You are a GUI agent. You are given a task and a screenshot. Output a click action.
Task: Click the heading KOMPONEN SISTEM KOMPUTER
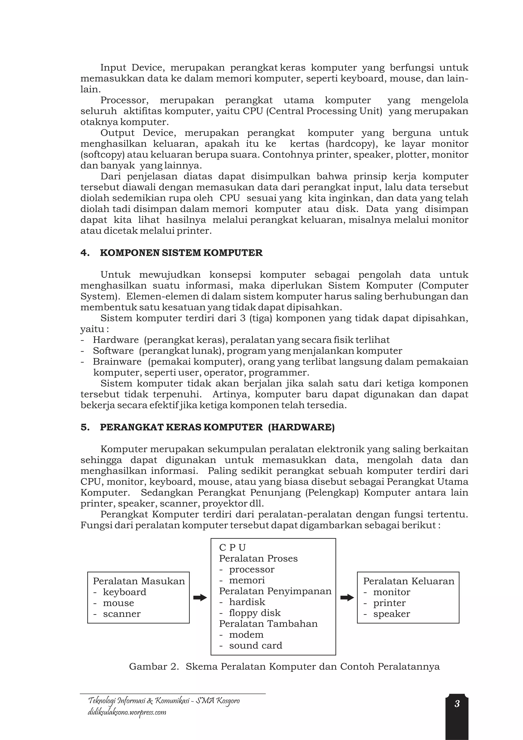coord(181,253)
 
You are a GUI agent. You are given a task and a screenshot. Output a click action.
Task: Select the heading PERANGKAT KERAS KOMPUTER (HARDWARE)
coord(217,427)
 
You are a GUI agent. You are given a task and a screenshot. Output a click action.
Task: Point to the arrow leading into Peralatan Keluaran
coord(347,598)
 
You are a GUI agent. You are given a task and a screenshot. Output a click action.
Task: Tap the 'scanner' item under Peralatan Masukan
coord(122,614)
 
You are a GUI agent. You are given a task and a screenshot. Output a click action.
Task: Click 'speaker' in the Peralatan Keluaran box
coord(391,614)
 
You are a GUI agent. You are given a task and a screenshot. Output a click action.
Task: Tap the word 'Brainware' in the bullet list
coord(117,362)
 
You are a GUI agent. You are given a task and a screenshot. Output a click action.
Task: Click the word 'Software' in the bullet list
coord(113,351)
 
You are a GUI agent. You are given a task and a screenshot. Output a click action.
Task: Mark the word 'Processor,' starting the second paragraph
coord(125,100)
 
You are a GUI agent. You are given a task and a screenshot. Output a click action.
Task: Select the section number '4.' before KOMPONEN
coord(85,253)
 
